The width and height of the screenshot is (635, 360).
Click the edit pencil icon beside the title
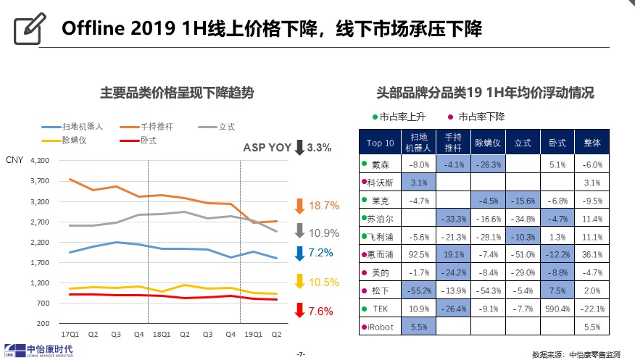tap(30, 28)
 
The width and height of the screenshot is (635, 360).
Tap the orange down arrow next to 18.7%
tap(299, 206)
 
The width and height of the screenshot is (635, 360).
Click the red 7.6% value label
tap(320, 311)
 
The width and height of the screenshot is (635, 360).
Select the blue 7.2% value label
tap(320, 253)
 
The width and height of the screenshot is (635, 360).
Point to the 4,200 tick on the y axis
tap(40, 161)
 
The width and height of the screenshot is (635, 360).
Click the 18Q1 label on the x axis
tap(162, 335)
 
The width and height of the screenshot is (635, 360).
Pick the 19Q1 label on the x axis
tap(253, 335)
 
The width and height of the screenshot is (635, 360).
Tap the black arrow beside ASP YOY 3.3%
tap(299, 148)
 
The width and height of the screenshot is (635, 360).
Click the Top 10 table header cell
tap(380, 143)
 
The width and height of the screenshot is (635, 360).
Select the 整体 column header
tap(592, 143)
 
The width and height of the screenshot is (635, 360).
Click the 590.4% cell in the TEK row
tap(557, 309)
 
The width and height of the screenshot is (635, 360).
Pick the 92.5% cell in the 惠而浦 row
tap(419, 255)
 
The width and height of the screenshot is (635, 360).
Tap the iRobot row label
tap(380, 327)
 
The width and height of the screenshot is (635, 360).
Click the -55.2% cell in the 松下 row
tap(419, 291)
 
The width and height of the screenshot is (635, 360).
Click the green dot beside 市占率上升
tap(375, 117)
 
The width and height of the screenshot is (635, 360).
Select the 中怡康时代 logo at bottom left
tap(39, 351)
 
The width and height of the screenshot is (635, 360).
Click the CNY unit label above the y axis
tap(14, 160)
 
